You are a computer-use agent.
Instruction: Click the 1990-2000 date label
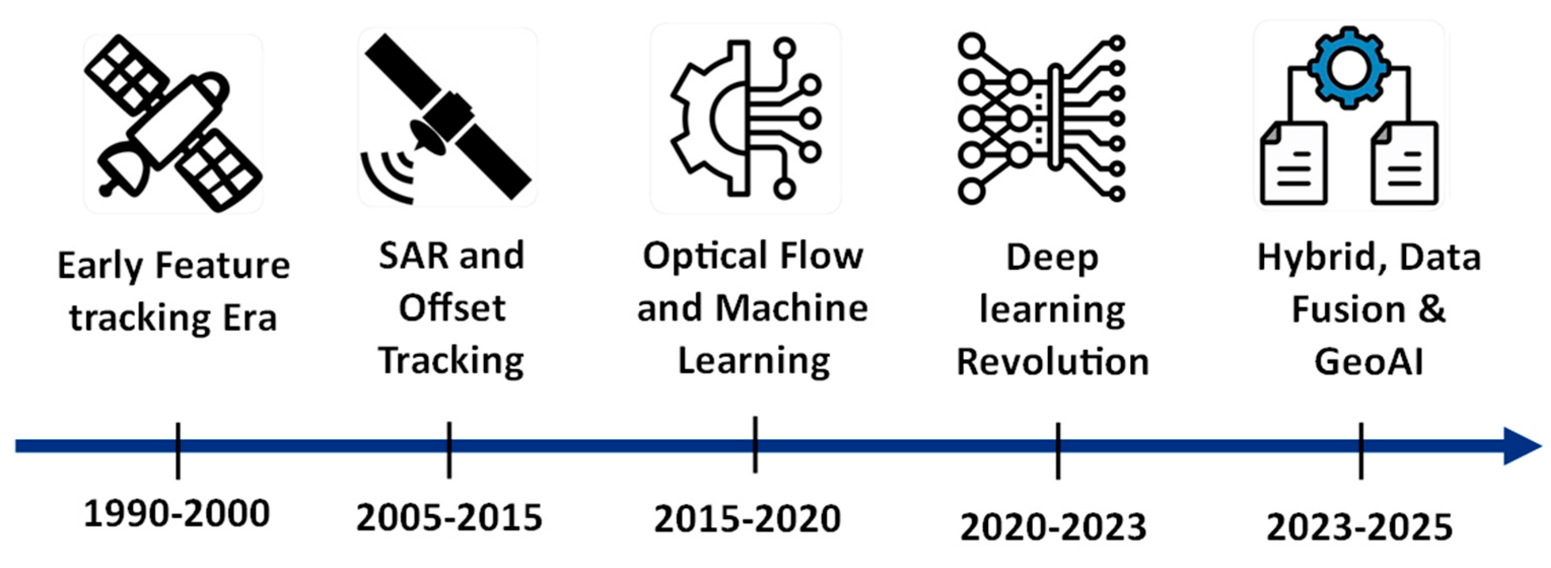[176, 514]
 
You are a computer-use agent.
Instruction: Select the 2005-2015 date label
[449, 518]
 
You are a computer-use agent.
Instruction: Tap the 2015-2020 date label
[747, 519]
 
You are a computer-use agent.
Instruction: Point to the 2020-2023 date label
[1053, 527]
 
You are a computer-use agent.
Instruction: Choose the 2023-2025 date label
[1359, 527]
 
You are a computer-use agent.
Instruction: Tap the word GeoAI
[1368, 362]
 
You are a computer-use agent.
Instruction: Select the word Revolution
[1053, 362]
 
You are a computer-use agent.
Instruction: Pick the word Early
[99, 266]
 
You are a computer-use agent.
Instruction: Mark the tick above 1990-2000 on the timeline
[177, 450]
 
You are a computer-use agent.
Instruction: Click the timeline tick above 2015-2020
[755, 445]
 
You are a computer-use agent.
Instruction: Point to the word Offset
[452, 308]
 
